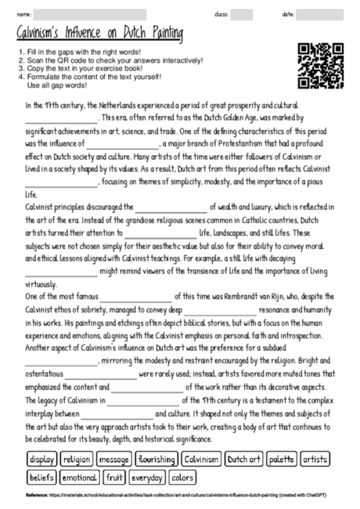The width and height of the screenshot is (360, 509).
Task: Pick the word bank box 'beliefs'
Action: tap(41, 477)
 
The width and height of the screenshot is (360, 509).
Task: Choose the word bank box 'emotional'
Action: tap(79, 477)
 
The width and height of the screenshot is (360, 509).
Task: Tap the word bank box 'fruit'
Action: tap(115, 477)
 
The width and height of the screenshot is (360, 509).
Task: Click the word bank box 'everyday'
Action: tap(148, 477)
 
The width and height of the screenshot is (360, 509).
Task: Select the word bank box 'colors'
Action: tap(182, 477)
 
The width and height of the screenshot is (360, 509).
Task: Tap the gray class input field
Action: tap(241, 14)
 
